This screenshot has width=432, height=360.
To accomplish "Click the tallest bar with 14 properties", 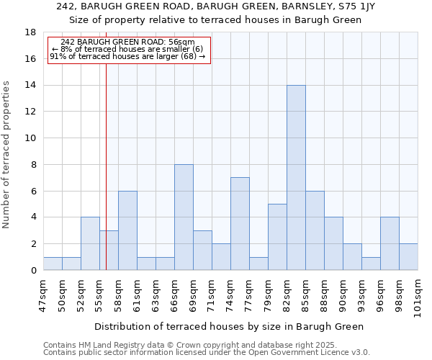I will click(296, 178).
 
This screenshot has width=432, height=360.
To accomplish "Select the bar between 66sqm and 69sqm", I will click(184, 217).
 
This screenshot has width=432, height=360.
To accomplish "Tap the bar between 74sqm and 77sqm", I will click(240, 224).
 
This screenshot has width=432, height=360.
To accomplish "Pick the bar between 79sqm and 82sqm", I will click(277, 237).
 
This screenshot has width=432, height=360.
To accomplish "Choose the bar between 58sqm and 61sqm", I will click(127, 230).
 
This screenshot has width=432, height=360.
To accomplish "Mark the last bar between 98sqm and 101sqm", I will click(408, 257).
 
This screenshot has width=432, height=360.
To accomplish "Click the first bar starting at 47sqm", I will click(53, 264).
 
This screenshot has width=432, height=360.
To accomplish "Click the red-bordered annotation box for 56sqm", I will click(129, 50).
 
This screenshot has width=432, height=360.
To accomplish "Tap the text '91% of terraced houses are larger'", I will click(127, 56).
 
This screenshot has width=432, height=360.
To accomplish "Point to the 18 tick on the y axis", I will click(31, 32).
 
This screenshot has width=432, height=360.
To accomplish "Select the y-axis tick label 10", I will click(31, 138).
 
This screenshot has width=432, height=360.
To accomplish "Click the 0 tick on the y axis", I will click(34, 271).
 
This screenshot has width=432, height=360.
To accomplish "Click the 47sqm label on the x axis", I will click(44, 293).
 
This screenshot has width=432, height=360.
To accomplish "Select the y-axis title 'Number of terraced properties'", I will click(6, 155).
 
